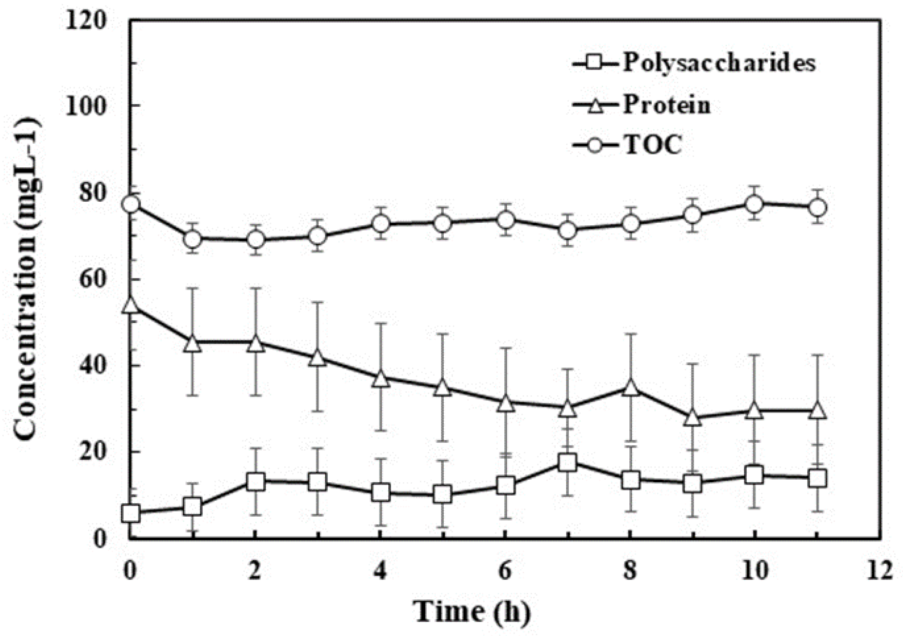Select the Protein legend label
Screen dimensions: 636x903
tap(667, 105)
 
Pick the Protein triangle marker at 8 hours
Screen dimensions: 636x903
tap(630, 387)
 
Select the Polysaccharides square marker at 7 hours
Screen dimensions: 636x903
tap(568, 463)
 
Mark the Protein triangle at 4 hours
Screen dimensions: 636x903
tap(380, 378)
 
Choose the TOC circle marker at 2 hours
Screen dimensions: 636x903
tap(256, 239)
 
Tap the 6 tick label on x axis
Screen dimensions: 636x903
tap(505, 570)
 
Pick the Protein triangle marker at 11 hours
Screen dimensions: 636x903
tap(817, 410)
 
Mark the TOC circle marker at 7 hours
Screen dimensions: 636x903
tap(568, 231)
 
